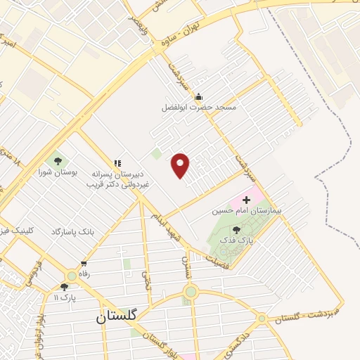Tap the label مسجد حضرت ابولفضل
(x=199, y=108)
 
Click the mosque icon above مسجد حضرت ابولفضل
(x=198, y=96)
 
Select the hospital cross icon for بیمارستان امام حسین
(x=245, y=200)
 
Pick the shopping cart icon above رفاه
(x=84, y=264)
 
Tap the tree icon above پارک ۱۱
(x=65, y=287)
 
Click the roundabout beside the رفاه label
(x=72, y=276)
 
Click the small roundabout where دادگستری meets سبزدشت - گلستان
(x=262, y=319)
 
